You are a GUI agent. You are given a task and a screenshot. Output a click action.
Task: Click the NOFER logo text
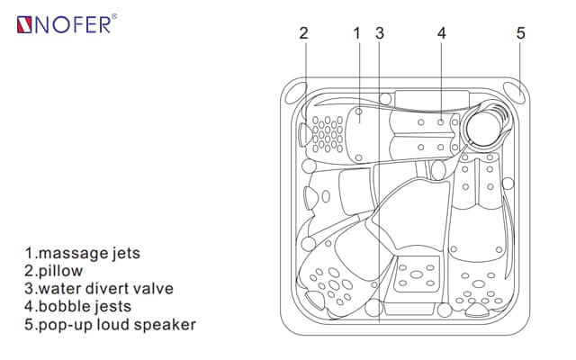click(x=72, y=25)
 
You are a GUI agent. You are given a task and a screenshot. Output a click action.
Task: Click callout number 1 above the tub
click(x=357, y=33)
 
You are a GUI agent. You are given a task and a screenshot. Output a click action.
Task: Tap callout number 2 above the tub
click(x=303, y=33)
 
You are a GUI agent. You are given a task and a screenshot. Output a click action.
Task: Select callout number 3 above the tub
click(x=380, y=33)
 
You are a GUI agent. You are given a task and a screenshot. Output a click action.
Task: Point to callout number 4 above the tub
click(x=442, y=33)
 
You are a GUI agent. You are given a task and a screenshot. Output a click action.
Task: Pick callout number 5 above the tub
click(x=520, y=33)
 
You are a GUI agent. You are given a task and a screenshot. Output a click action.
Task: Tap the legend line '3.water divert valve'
click(x=100, y=289)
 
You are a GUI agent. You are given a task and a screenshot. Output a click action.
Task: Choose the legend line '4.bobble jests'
click(x=82, y=307)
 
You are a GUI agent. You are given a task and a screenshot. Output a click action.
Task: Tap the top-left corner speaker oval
click(x=293, y=92)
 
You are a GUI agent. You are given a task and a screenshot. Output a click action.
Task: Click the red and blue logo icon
click(x=23, y=25)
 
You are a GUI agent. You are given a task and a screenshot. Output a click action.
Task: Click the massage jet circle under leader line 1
click(x=358, y=113)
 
